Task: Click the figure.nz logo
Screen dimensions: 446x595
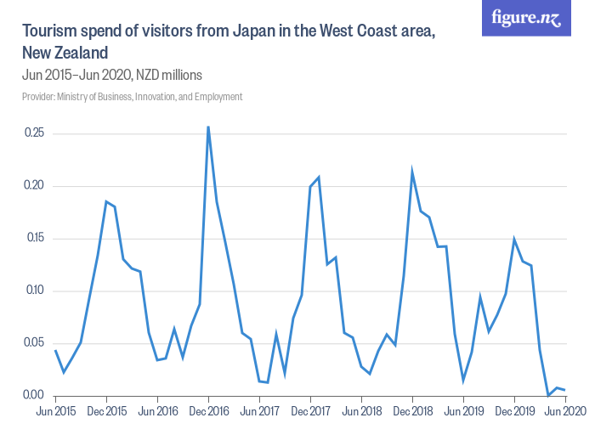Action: coord(525,18)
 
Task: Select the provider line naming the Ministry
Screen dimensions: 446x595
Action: coord(132,97)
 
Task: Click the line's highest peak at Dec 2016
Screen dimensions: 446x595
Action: coord(208,127)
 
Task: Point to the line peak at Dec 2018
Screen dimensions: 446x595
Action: coord(412,172)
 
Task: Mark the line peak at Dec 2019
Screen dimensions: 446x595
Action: coord(514,240)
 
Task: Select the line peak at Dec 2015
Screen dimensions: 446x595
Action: coord(106,201)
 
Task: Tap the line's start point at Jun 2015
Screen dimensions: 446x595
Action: coord(55,350)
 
